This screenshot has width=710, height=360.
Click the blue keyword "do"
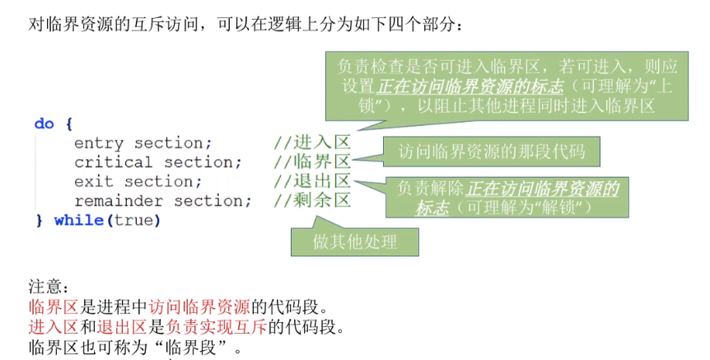[44, 124]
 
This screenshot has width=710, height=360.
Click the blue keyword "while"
[78, 220]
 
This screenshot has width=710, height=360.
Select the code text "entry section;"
[142, 143]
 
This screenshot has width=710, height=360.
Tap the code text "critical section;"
[159, 161]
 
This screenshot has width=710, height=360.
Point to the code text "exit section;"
[138, 181]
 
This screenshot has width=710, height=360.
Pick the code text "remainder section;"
[163, 200]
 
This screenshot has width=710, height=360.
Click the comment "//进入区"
[312, 143]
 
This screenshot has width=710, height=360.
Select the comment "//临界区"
[312, 161]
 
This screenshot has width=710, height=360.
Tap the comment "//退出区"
[312, 181]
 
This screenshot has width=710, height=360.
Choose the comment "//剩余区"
[312, 200]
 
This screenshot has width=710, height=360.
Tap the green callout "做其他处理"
[355, 241]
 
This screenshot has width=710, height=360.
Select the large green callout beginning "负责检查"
[495, 86]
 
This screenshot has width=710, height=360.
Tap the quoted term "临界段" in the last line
[192, 347]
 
